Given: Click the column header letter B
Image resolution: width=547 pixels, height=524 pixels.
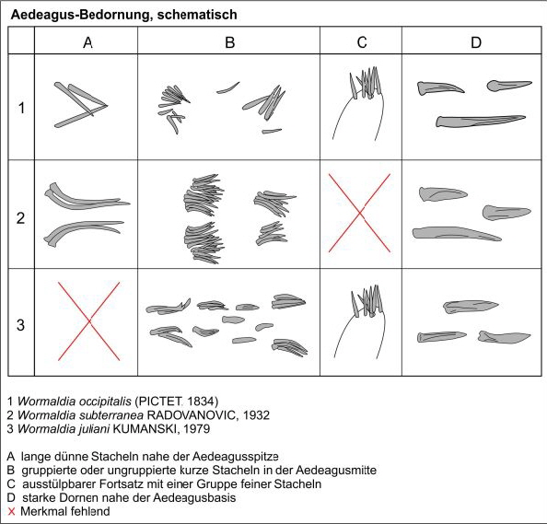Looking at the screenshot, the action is tap(230, 42).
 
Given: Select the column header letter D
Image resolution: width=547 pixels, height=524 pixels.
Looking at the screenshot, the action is tap(476, 42).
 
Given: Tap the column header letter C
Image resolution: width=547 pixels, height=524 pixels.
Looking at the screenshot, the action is tap(362, 42).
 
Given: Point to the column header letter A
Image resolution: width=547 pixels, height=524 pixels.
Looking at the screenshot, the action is tap(87, 42).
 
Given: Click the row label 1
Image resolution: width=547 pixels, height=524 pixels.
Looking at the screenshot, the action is tap(21, 108).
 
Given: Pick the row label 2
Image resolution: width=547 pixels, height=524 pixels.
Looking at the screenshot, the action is tap(21, 217).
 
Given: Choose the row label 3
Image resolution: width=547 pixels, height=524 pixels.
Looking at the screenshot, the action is tap(21, 325).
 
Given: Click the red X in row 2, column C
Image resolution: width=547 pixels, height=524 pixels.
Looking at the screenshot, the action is tap(360, 213).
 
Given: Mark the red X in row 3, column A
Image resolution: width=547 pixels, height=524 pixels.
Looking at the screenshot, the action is tap(89, 321).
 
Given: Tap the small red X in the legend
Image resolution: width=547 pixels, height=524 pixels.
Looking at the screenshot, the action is tap(12, 512).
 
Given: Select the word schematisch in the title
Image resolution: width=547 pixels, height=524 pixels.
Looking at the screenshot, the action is tap(197, 15).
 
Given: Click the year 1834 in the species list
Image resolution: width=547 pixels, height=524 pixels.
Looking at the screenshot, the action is tap(203, 402).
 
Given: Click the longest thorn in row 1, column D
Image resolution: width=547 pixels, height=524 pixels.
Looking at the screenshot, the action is tap(481, 121).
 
